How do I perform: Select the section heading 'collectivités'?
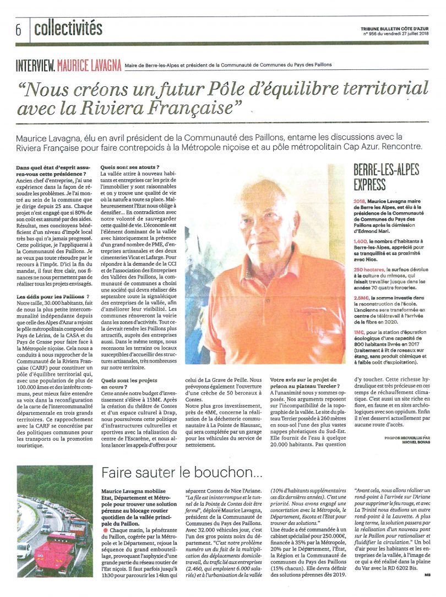(x=68, y=28)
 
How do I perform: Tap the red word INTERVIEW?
(x=35, y=65)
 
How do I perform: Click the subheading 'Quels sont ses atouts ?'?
(x=130, y=167)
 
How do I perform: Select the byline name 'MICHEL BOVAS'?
(x=412, y=442)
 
